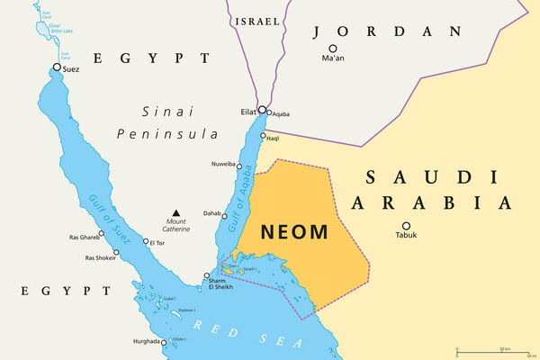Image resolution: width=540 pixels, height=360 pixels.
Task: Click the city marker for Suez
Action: click(x=58, y=67)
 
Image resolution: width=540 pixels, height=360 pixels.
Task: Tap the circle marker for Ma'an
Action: click(x=332, y=49)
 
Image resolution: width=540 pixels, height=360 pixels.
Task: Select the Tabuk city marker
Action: click(x=406, y=226)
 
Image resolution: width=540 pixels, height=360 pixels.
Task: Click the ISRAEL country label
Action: click(x=256, y=21)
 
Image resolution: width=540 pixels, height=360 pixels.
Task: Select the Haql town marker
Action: click(x=263, y=137)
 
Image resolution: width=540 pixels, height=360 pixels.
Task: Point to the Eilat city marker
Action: click(x=261, y=112)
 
